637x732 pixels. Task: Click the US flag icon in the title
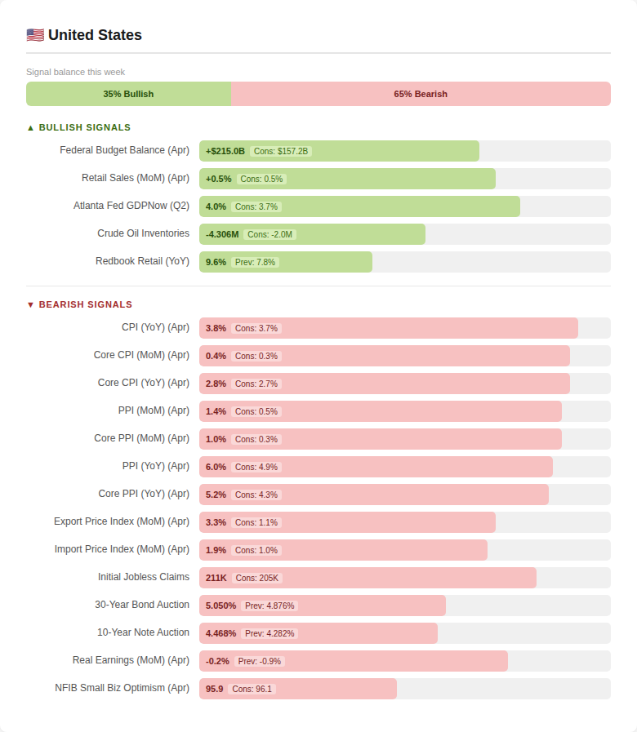[x=35, y=35]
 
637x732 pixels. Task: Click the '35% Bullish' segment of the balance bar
[x=128, y=94]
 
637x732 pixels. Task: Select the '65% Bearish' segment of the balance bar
[x=421, y=94]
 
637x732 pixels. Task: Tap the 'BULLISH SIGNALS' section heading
[x=79, y=127]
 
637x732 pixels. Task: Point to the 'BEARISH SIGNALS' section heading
[x=79, y=304]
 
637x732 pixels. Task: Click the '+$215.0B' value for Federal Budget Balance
[x=225, y=151]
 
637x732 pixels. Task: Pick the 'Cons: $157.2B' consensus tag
[x=281, y=151]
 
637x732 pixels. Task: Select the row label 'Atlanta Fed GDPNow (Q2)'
[x=131, y=206]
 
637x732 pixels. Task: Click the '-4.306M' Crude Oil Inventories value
[x=222, y=234]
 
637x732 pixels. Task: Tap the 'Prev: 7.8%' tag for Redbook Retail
[x=255, y=263]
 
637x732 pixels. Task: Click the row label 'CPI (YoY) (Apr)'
[x=156, y=327]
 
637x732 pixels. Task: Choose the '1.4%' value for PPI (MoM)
[x=216, y=411]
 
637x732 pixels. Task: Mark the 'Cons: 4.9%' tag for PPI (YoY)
[x=256, y=467]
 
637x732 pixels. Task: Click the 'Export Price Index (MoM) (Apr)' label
[x=122, y=521]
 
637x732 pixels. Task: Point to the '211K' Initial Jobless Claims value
[x=216, y=578]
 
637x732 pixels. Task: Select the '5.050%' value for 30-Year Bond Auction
[x=220, y=606]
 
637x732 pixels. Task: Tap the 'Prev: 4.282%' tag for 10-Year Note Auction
[x=269, y=633]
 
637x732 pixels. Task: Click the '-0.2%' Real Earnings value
[x=217, y=661]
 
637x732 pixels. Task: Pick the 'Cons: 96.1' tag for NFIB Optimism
[x=252, y=689]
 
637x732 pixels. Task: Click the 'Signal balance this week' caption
[x=76, y=72]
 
